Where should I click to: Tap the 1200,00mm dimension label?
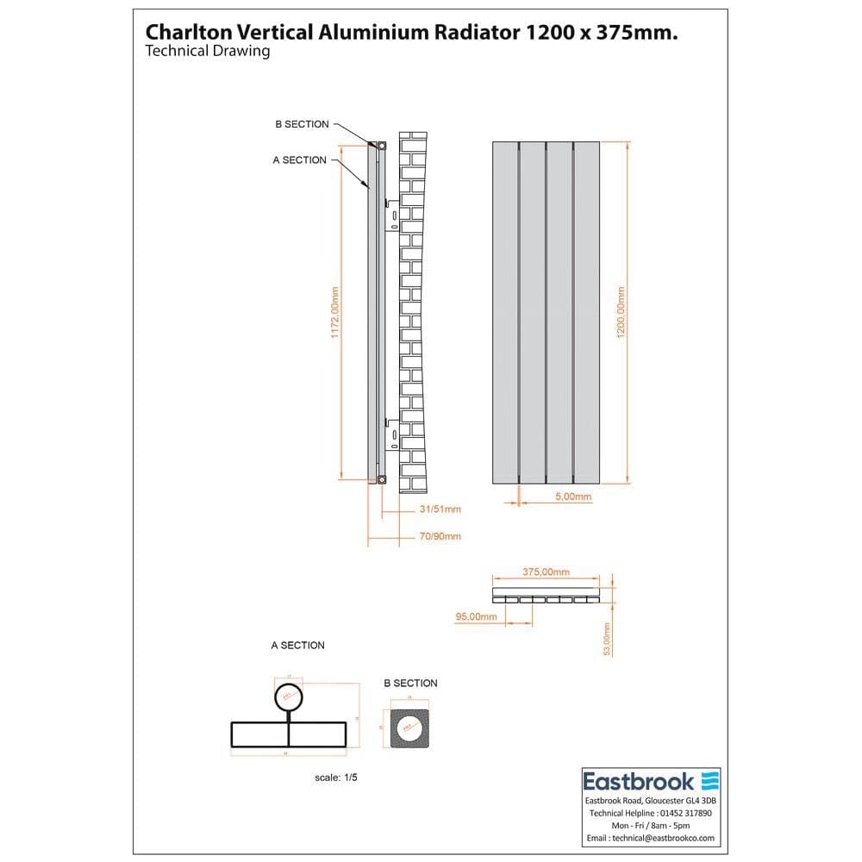coord(622,312)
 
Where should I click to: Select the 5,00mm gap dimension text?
coord(573,497)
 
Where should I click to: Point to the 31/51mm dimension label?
coord(440,509)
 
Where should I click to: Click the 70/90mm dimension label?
coord(440,536)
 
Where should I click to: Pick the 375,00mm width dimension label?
coord(547,572)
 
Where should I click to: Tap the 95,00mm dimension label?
coord(476,616)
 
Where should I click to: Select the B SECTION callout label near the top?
coord(302,124)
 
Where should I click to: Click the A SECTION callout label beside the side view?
coord(299,159)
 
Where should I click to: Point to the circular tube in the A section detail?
coord(289,696)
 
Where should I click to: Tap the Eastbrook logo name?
coord(639,782)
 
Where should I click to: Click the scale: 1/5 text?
coord(336,778)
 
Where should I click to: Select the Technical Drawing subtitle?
coord(208,51)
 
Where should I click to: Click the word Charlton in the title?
coord(183,31)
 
